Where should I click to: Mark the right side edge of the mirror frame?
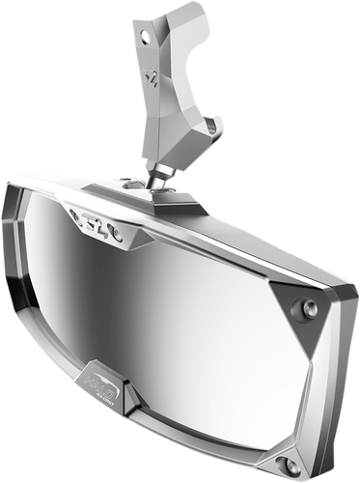tap(338, 357)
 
